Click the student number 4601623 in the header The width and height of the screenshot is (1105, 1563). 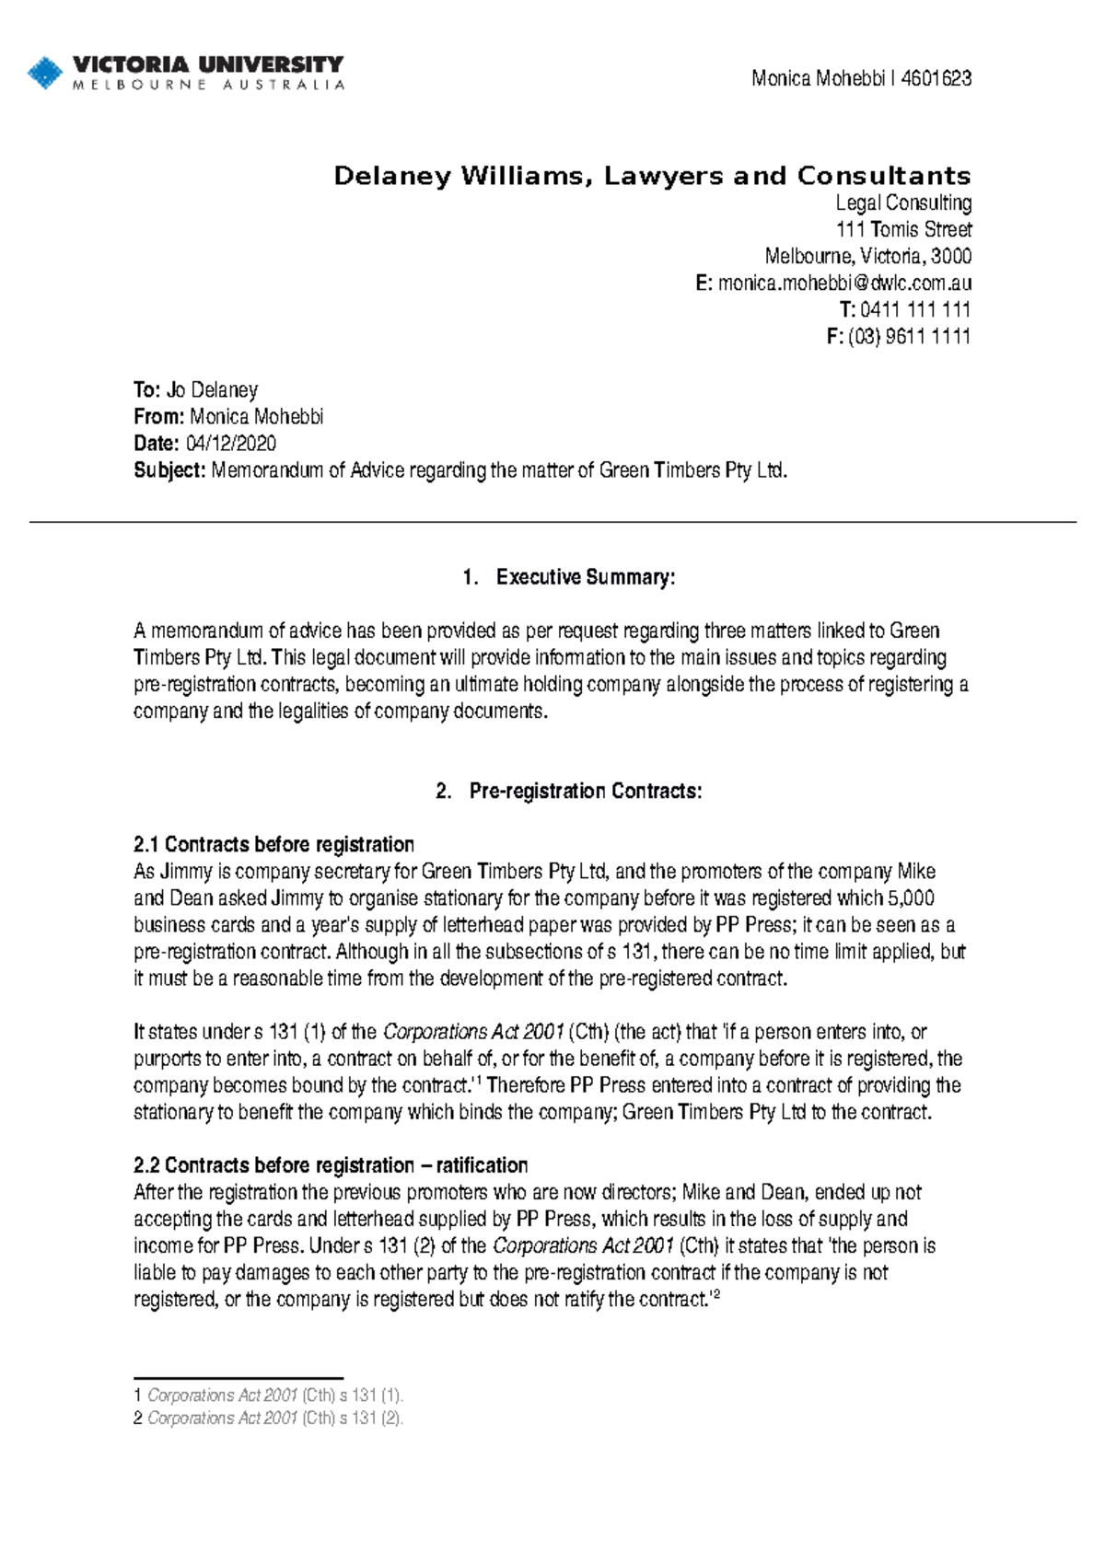(x=936, y=78)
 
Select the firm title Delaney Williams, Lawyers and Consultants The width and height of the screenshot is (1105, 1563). (x=652, y=176)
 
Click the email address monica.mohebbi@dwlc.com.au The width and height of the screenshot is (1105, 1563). (x=844, y=283)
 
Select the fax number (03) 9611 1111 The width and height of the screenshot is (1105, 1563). (x=909, y=336)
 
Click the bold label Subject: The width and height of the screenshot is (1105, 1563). (x=169, y=470)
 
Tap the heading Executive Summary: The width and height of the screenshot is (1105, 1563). (x=586, y=577)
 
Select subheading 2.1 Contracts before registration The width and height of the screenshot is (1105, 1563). (x=273, y=844)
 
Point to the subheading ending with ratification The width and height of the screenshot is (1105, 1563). (x=331, y=1165)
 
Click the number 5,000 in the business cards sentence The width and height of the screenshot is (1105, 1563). (x=912, y=897)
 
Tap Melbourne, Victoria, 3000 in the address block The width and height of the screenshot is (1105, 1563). (x=867, y=256)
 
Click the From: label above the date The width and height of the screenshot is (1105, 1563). (x=159, y=416)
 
